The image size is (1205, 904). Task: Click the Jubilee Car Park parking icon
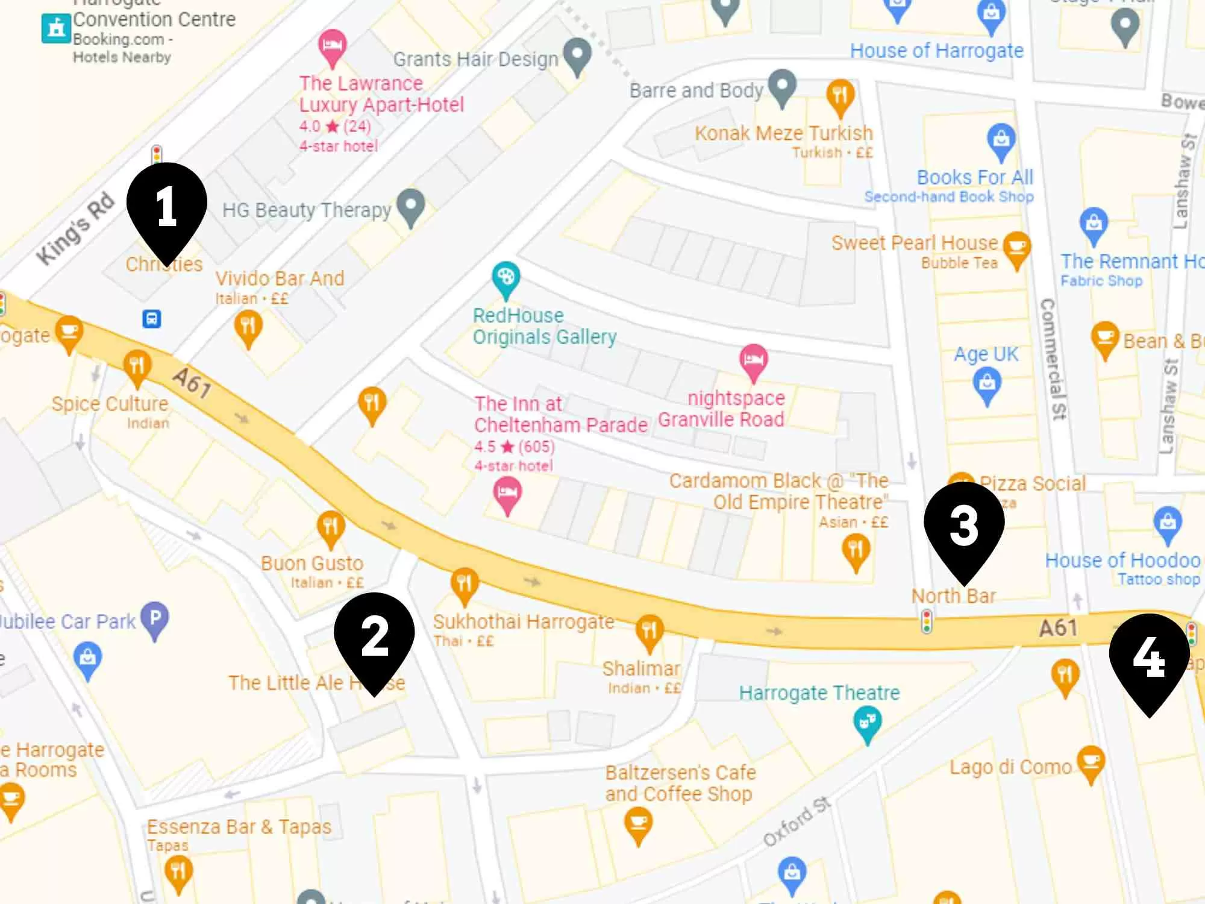click(155, 619)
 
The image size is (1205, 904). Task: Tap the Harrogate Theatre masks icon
click(868, 722)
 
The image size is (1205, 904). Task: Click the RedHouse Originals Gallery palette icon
click(505, 278)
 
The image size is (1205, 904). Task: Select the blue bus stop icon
click(151, 318)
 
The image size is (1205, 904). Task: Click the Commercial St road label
click(1054, 359)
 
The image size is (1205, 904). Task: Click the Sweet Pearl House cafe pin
click(1016, 248)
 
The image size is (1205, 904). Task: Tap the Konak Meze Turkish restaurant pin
click(840, 96)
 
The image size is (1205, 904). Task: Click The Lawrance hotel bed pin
click(332, 46)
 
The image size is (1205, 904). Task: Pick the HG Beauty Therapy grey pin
click(412, 206)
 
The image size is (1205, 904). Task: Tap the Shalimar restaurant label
click(641, 668)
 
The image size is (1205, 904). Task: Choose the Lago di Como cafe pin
click(1091, 762)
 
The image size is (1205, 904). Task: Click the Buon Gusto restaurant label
click(312, 563)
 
